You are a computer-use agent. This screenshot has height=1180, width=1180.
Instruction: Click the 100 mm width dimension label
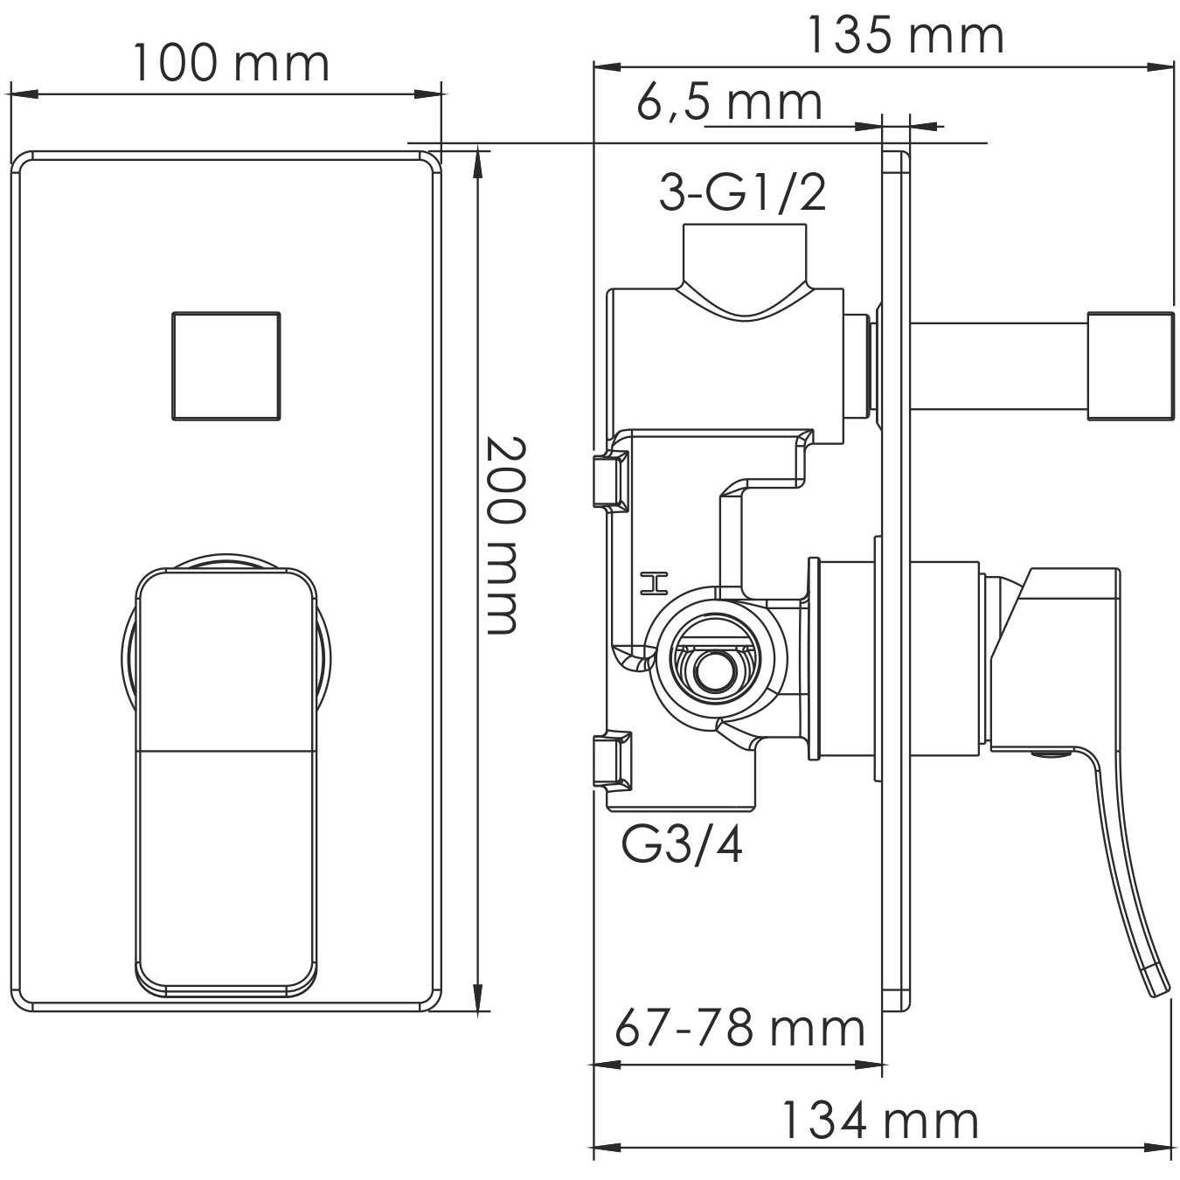pyautogui.click(x=231, y=63)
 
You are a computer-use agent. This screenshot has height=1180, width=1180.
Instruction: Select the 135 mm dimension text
pyautogui.click(x=904, y=37)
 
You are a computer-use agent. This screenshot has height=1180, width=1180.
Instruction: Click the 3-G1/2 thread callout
pyautogui.click(x=742, y=193)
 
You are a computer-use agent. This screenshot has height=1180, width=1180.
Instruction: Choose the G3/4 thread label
pyautogui.click(x=683, y=845)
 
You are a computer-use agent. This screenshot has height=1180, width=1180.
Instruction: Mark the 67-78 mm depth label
pyautogui.click(x=739, y=1028)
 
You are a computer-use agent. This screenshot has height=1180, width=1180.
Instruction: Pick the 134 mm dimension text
pyautogui.click(x=879, y=1121)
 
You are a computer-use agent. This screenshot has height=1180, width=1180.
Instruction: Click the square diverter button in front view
pyautogui.click(x=226, y=365)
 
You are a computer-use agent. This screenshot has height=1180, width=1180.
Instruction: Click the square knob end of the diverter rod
pyautogui.click(x=1128, y=365)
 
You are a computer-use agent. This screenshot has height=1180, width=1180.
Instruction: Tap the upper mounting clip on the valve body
pyautogui.click(x=610, y=481)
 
